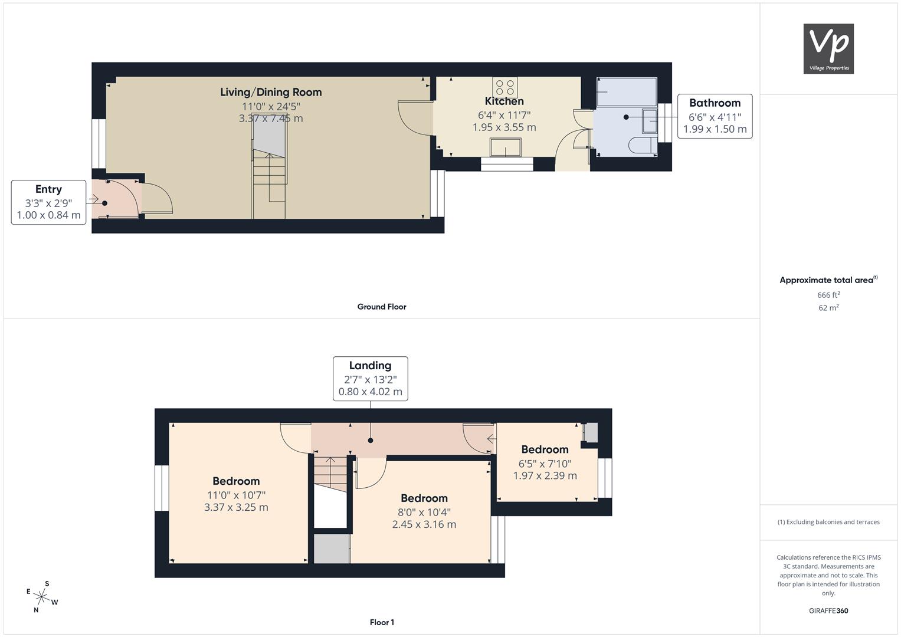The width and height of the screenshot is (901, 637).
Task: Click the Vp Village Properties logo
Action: [x=828, y=48]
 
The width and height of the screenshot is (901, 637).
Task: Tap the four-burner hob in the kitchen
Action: [x=505, y=87]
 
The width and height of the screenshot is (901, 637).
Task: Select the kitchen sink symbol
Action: [x=506, y=147]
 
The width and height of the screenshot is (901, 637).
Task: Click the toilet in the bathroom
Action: [x=643, y=146]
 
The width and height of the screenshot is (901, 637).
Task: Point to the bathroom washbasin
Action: [x=650, y=121]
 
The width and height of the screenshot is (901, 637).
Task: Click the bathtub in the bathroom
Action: [x=627, y=92]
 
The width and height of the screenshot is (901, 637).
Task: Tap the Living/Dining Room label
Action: [x=271, y=92]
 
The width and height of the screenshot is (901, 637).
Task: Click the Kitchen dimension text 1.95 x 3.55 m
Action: [x=504, y=127]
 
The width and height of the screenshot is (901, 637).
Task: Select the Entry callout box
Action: [x=48, y=202]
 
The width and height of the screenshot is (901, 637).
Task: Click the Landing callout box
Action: [x=371, y=379]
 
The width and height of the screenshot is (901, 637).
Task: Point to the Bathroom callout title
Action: [x=715, y=103]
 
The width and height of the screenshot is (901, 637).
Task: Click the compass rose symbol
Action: [x=42, y=597]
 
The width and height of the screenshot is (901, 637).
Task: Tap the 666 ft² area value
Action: [x=828, y=295]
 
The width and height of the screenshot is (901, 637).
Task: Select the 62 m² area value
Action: [x=828, y=308]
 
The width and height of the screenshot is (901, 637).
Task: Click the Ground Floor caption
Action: [x=382, y=307]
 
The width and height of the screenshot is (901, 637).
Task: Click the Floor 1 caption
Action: [x=382, y=622]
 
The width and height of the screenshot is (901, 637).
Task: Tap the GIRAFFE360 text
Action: [x=828, y=611]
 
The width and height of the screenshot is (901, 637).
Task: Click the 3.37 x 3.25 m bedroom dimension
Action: [x=236, y=507]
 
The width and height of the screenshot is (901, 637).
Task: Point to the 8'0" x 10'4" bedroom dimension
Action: [x=424, y=513]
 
